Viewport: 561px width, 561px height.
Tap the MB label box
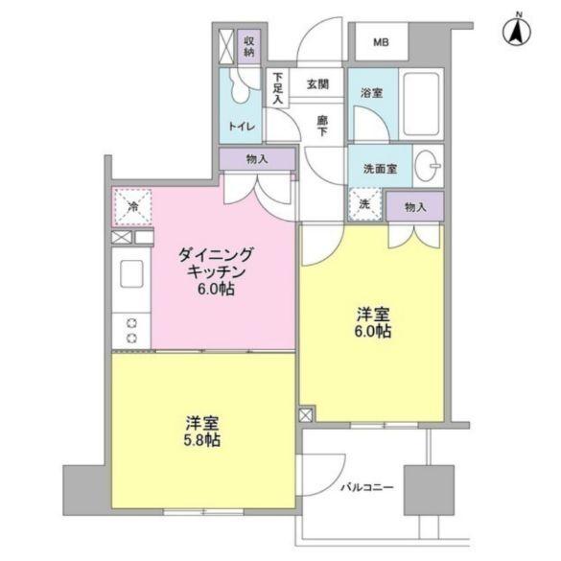point(382,43)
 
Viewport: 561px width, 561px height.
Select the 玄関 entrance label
point(318,84)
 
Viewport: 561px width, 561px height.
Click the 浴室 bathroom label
point(372,93)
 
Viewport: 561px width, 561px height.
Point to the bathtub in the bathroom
point(420,104)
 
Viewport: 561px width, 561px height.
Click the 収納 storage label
point(248,45)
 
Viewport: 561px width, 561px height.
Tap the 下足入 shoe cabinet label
point(277,87)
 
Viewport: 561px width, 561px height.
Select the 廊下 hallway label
point(323,126)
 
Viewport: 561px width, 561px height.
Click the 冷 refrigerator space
point(133,206)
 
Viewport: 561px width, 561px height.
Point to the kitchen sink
point(130,273)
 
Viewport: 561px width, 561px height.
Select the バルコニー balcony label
point(366,487)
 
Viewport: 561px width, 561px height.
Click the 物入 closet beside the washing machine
point(414,206)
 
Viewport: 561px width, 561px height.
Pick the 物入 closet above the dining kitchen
point(256,159)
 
